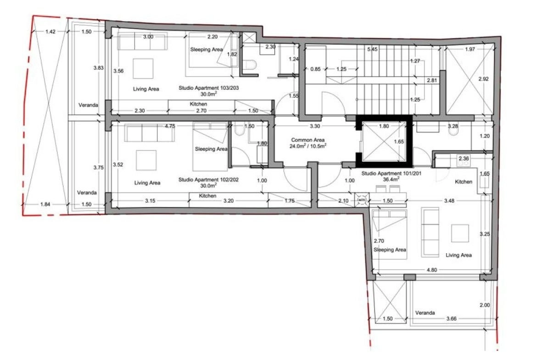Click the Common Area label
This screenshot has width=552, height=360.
pos(308,140)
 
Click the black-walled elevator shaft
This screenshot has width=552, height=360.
pos(384,141)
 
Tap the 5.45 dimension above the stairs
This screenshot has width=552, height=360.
pos(372,49)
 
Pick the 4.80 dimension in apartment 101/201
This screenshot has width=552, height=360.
pos(432,270)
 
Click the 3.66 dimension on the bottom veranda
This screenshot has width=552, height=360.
pos(452,319)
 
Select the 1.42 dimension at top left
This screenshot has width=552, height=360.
pos(50,32)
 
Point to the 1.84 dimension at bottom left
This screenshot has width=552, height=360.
pos(45,204)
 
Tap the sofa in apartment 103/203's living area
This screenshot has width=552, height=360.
pos(142,41)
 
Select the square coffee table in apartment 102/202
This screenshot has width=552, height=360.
pos(146,161)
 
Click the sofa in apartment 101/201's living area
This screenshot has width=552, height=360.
pos(430,233)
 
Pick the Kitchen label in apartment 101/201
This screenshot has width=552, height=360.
pos(463,182)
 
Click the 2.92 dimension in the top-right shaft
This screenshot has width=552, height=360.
pos(483,79)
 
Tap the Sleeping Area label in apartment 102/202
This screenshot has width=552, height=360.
pos(211,149)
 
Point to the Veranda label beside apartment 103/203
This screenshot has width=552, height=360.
pos(88,105)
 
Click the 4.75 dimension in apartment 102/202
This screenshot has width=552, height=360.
pos(170,126)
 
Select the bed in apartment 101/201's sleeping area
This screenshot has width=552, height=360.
pos(390,234)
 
